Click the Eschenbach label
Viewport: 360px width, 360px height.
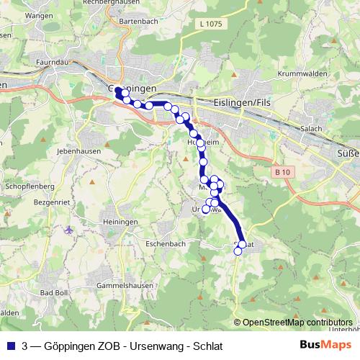pos(164,243)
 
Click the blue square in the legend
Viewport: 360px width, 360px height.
pos(10,346)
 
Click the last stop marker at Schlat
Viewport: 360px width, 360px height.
pos(238,251)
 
